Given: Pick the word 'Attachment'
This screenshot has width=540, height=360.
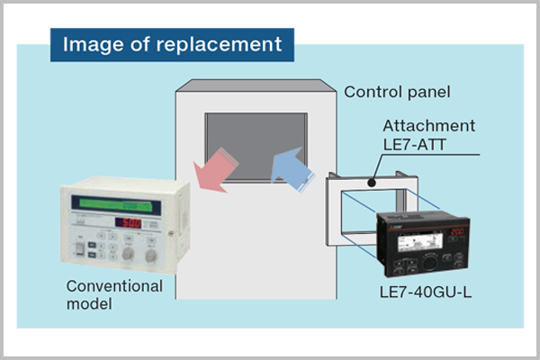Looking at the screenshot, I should (x=429, y=125).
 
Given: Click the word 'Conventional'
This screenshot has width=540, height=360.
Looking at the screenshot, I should (x=114, y=286).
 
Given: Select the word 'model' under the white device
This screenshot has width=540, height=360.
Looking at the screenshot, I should (x=89, y=304).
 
